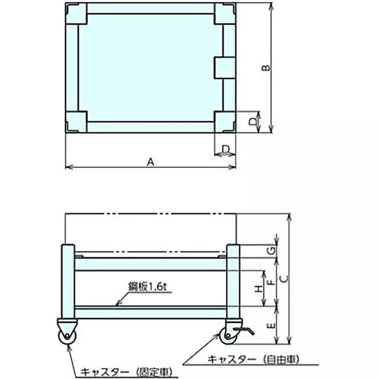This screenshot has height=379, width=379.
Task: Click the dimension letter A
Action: pyautogui.click(x=151, y=162)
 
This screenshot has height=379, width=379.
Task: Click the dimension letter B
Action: pyautogui.click(x=266, y=68)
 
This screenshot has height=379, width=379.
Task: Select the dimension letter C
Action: pyautogui.click(x=285, y=279)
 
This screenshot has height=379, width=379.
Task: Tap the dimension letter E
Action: pyautogui.click(x=271, y=326)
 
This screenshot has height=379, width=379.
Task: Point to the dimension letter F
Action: pyautogui.click(x=271, y=282)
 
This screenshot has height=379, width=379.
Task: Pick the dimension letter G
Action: pyautogui.click(x=272, y=251)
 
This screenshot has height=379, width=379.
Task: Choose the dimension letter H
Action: pyautogui.click(x=259, y=289)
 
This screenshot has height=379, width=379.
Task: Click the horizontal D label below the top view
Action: pyautogui.click(x=226, y=149)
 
